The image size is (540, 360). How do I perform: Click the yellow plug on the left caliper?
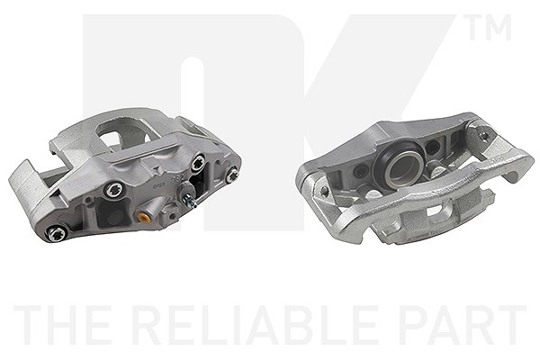click(x=142, y=218)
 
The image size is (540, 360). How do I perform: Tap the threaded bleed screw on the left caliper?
click(x=191, y=201)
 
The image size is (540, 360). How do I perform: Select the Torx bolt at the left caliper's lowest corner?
click(x=55, y=234)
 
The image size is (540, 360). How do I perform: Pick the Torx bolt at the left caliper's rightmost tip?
click(x=231, y=175)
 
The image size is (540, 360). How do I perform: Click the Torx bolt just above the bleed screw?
click(x=198, y=163)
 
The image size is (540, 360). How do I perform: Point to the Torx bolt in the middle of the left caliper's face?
click(x=112, y=190)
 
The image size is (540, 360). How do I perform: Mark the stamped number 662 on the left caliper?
click(x=176, y=179)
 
